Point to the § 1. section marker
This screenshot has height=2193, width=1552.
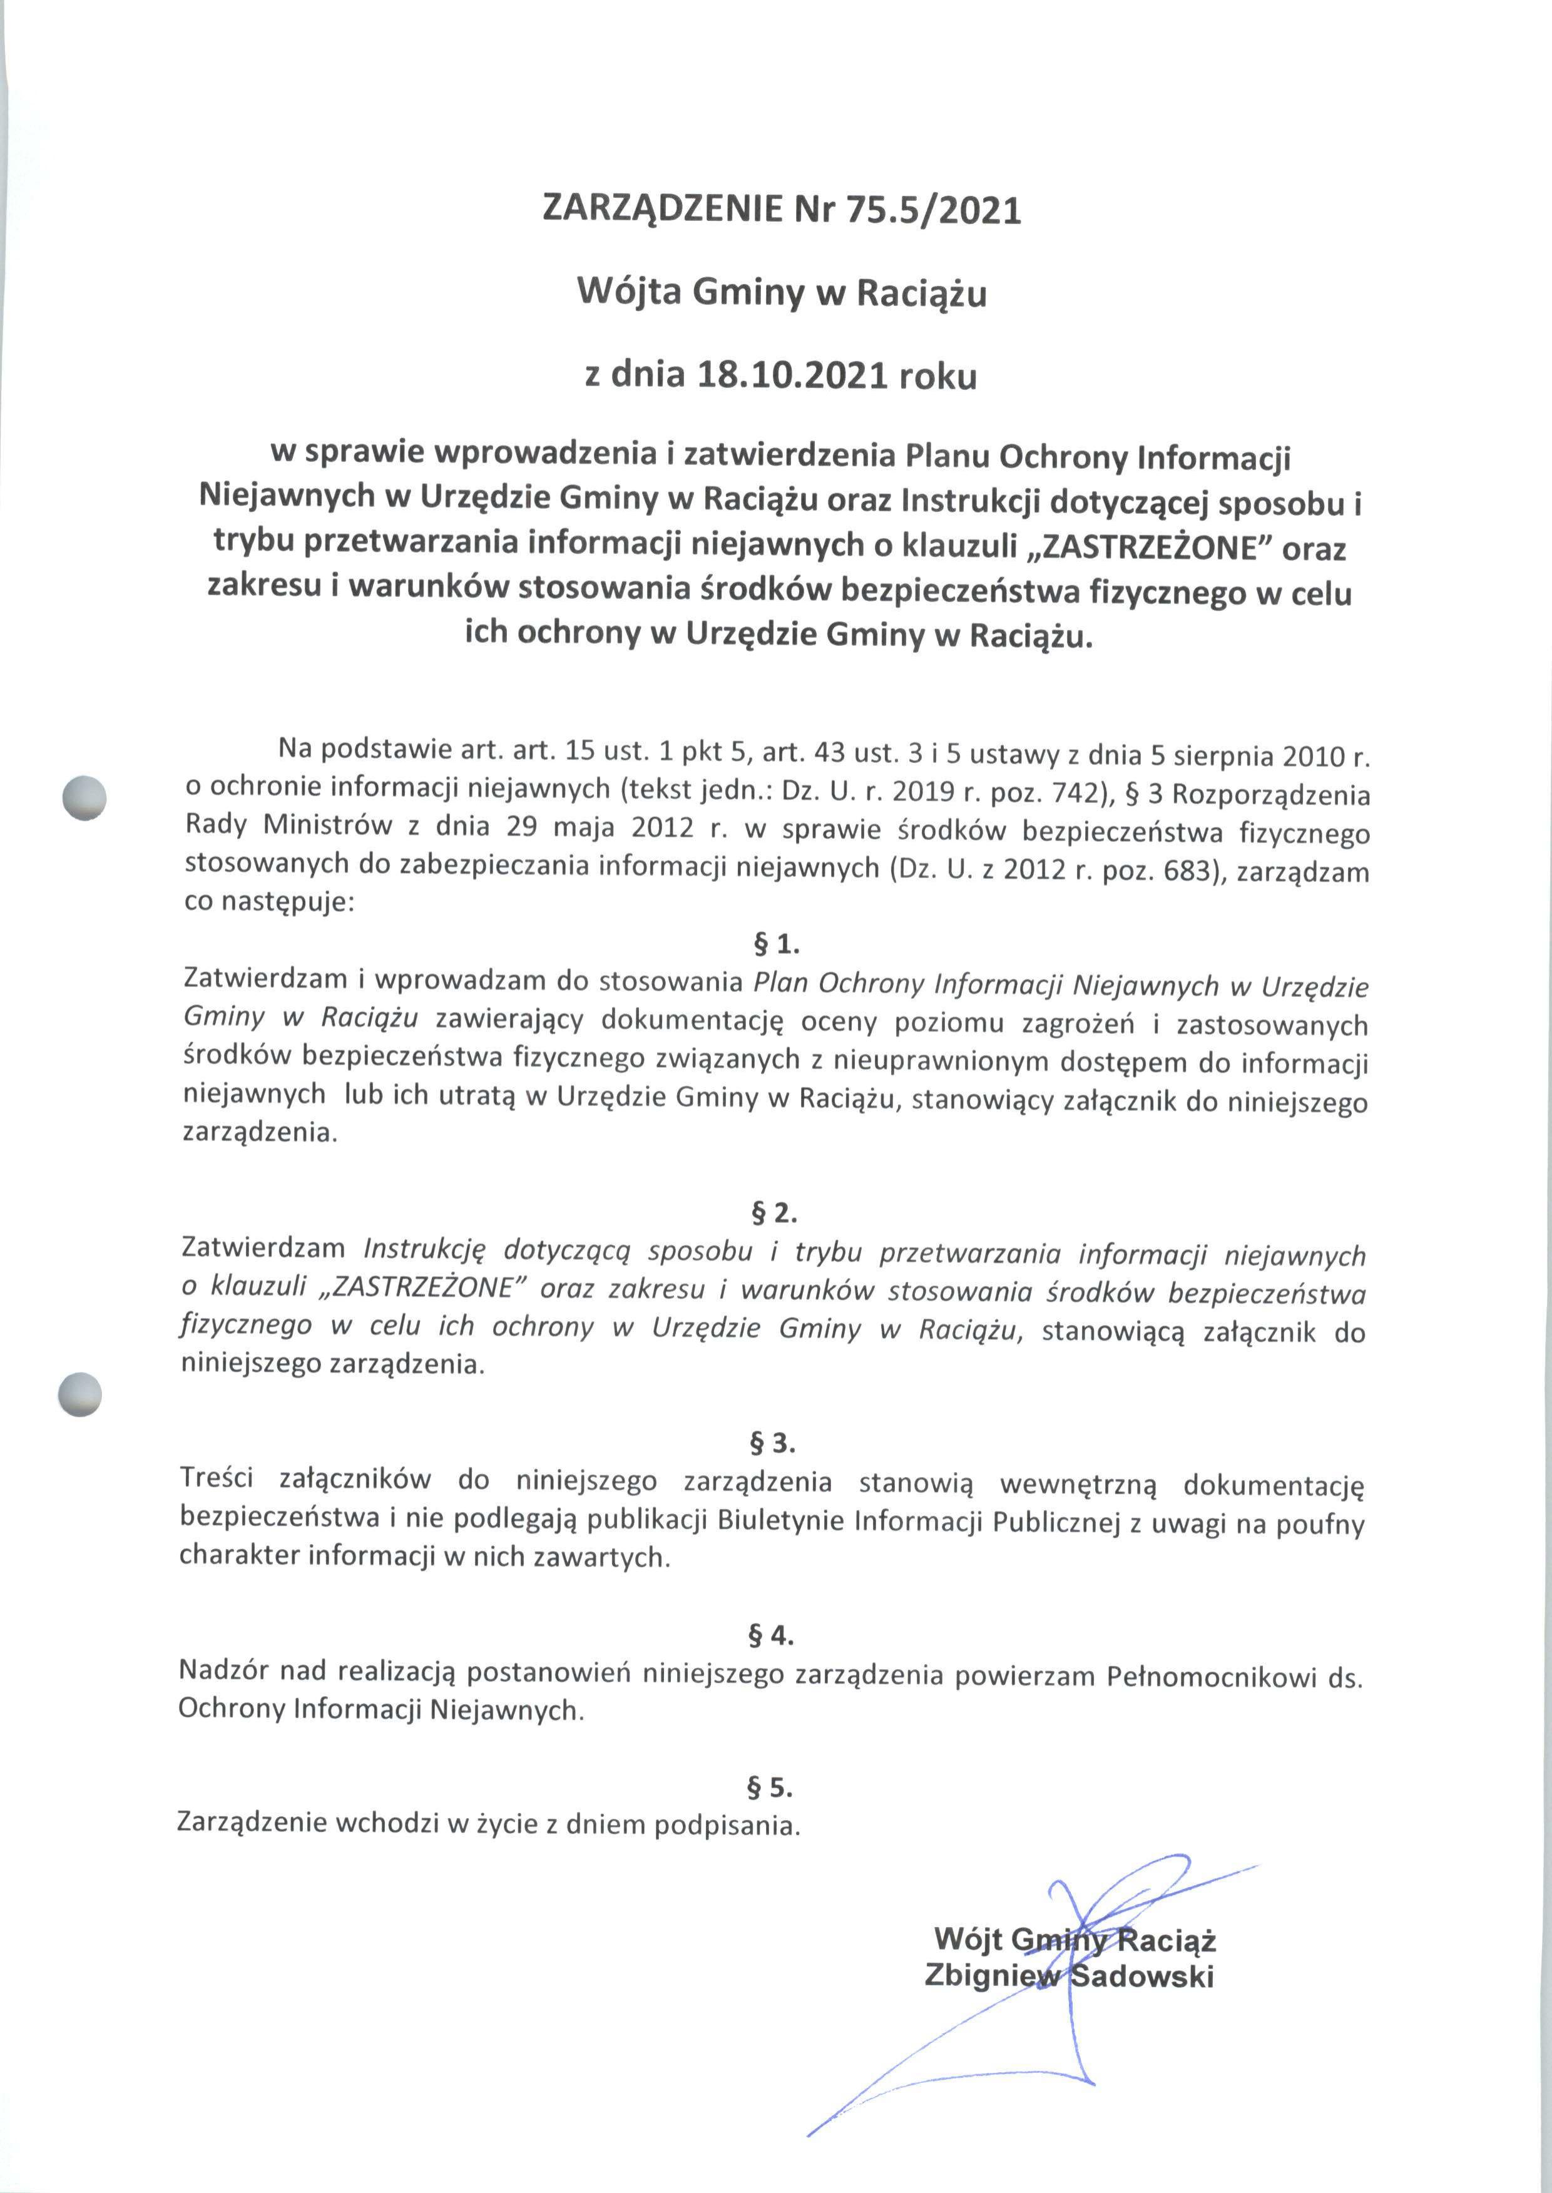(x=776, y=944)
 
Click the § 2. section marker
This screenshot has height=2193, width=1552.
(x=774, y=1213)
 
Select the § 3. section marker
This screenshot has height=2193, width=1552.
(x=772, y=1443)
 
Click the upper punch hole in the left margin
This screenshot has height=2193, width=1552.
(x=83, y=797)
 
